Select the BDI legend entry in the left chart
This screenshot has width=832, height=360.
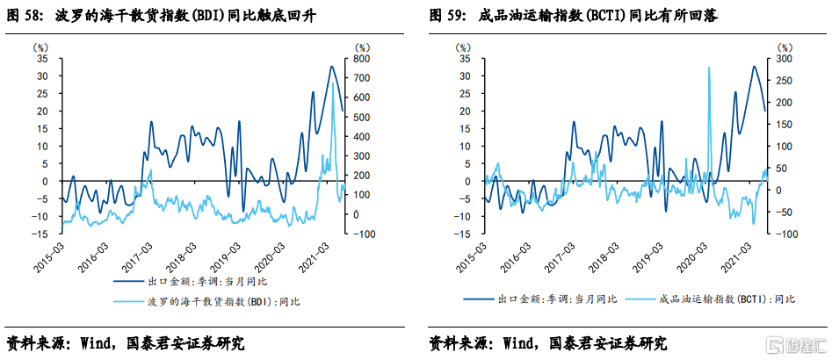coord(211,302)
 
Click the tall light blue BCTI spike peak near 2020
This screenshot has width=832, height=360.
coord(709,68)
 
